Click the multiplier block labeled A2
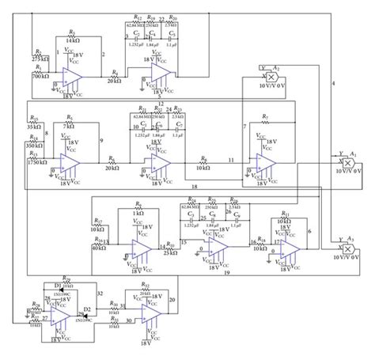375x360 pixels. [x=275, y=77]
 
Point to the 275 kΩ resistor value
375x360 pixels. [x=41, y=59]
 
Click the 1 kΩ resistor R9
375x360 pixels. [x=138, y=209]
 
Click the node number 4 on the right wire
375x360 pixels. [x=333, y=83]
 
